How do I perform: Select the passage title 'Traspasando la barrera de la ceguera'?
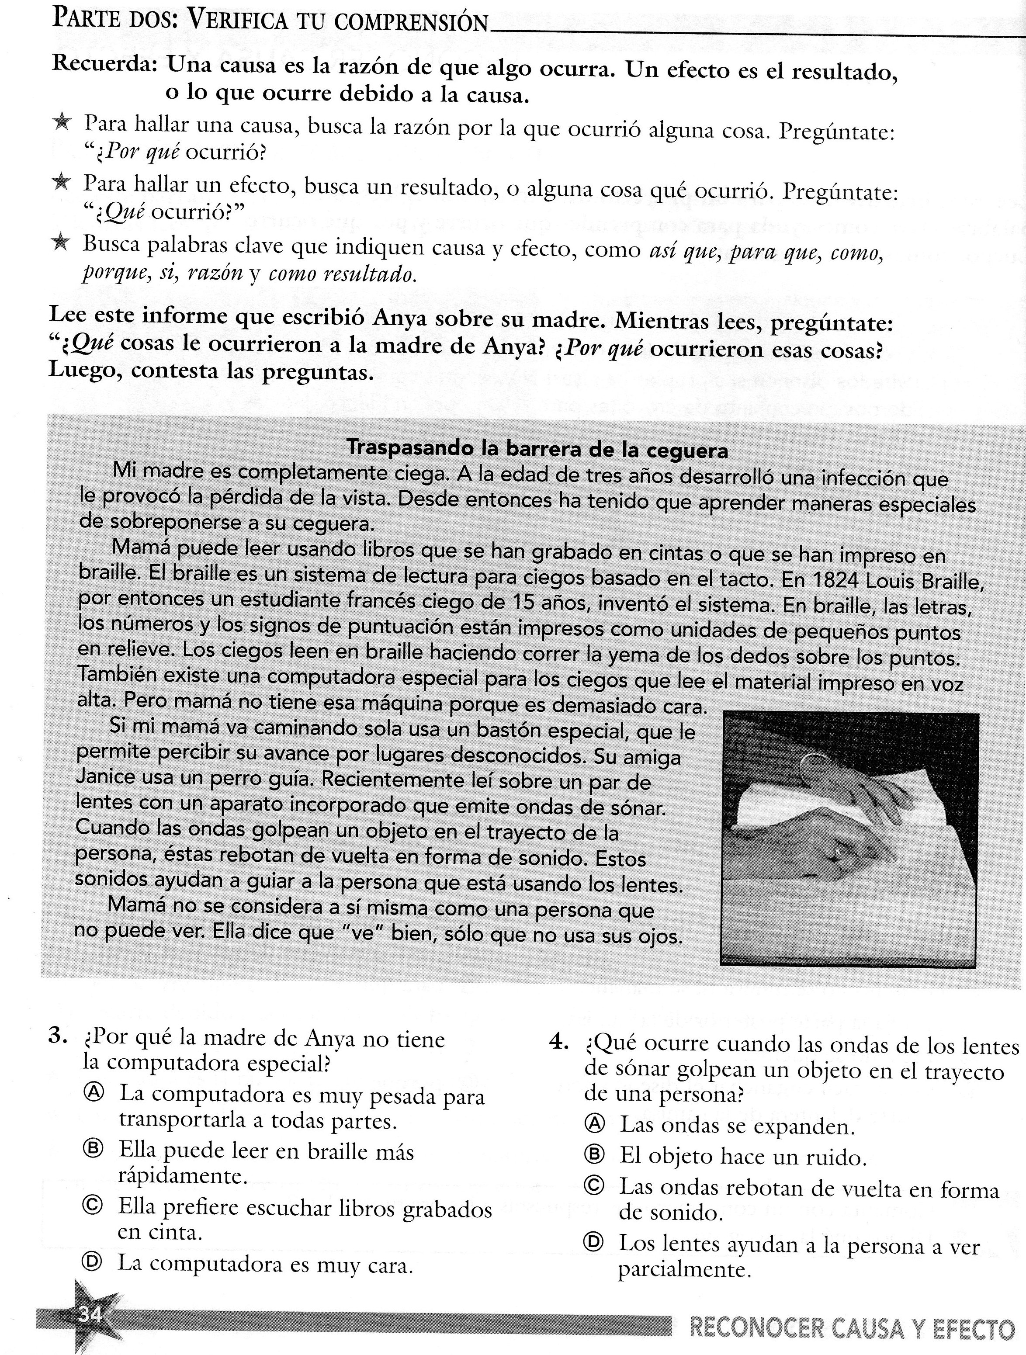point(537,450)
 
